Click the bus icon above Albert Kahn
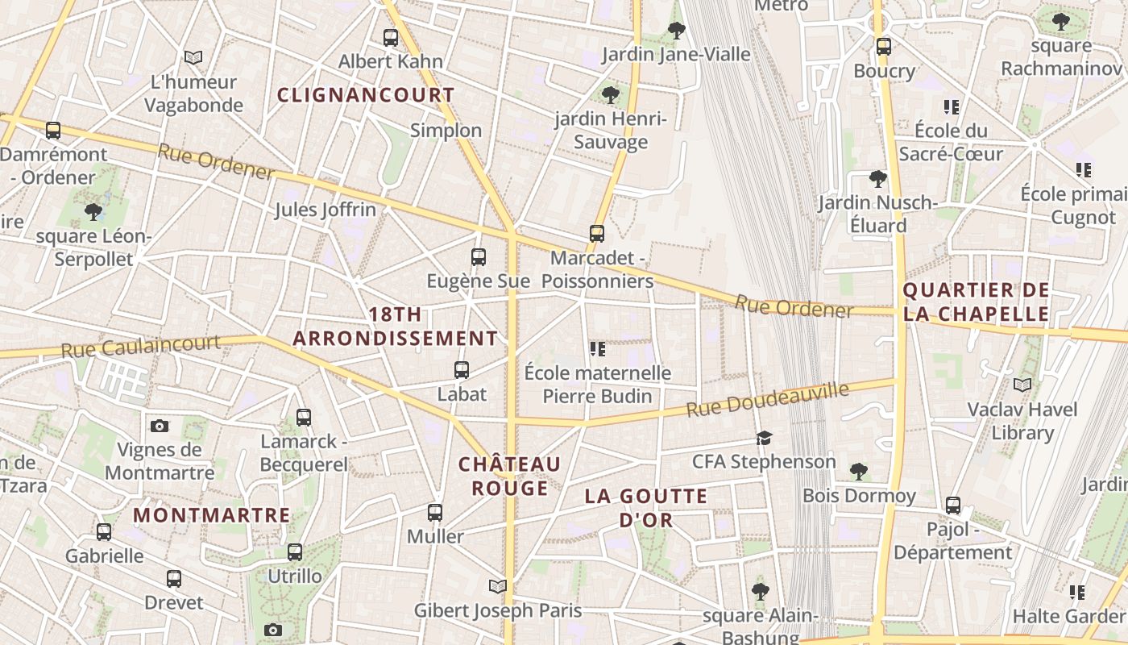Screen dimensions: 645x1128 coord(391,37)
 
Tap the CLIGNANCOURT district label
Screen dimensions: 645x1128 coord(366,95)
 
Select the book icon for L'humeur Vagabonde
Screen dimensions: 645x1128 coord(193,57)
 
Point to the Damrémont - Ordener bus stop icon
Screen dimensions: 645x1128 coord(53,130)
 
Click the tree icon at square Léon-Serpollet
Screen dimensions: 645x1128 coord(93,212)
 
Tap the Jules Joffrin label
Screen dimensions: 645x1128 coord(326,210)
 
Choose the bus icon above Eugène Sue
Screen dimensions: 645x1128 coord(479,257)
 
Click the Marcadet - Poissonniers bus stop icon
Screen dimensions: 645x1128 coord(597,234)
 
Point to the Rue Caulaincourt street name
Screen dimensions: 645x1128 coord(141,347)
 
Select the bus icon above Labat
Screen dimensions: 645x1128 coord(462,370)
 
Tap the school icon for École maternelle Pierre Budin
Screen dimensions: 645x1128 coord(597,349)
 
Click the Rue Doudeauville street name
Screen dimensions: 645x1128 coord(767,401)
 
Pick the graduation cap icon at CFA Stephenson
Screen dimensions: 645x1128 coord(764,438)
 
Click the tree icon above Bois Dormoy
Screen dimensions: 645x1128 coord(859,471)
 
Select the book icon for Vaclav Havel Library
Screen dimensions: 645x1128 coord(1022,385)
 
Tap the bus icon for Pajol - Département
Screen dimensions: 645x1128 coord(953,506)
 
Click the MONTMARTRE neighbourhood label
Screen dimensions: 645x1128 coord(211,514)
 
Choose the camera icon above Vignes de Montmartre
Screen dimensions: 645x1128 coord(160,426)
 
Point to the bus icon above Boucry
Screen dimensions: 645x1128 coord(884,47)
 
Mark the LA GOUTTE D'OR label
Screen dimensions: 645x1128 coord(646,508)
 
